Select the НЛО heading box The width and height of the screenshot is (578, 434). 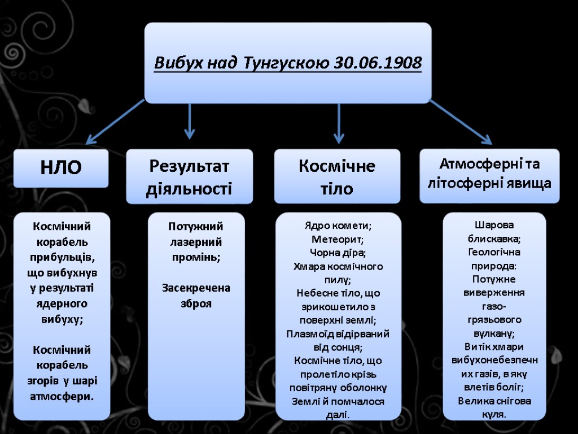click(60, 168)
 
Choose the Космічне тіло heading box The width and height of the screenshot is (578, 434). click(337, 176)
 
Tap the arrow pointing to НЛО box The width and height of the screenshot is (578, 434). click(115, 122)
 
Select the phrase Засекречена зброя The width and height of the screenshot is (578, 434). click(195, 296)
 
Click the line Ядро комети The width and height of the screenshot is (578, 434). click(338, 226)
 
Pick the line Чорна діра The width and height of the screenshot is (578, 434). click(338, 253)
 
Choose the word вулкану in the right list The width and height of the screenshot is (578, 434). click(493, 333)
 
